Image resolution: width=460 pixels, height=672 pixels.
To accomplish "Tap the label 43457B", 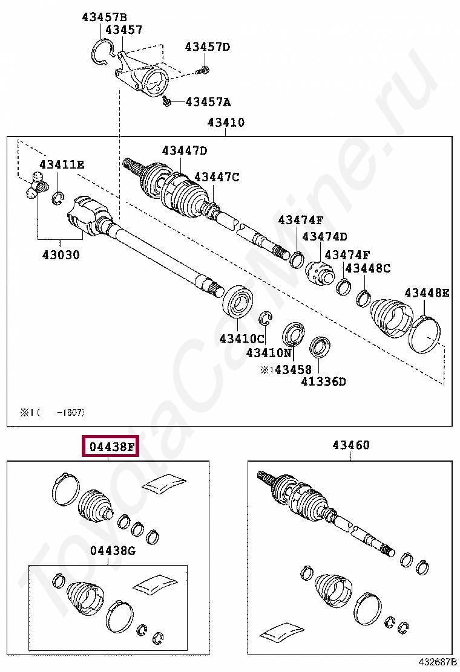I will click(104, 18).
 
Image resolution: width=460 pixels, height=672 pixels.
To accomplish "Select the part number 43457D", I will click(208, 47).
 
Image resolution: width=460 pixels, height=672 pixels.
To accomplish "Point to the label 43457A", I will click(208, 102).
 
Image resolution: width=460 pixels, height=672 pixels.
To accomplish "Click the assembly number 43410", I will click(226, 123).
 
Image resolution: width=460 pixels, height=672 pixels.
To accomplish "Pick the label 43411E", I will click(62, 164).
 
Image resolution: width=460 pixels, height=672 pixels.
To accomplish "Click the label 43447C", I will click(217, 177).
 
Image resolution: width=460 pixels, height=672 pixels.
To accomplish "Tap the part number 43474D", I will click(325, 237).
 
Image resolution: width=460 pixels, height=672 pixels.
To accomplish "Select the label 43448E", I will click(427, 293).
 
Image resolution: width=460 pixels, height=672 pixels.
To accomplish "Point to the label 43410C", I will click(242, 338).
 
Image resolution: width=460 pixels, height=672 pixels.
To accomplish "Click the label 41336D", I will click(323, 381).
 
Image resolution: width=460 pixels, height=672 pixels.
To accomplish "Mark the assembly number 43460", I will click(350, 445).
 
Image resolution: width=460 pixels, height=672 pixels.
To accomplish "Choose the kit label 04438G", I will click(113, 551).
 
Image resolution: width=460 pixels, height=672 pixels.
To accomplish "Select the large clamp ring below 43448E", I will click(425, 334).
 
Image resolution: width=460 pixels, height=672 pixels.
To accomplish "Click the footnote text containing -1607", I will click(53, 413).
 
